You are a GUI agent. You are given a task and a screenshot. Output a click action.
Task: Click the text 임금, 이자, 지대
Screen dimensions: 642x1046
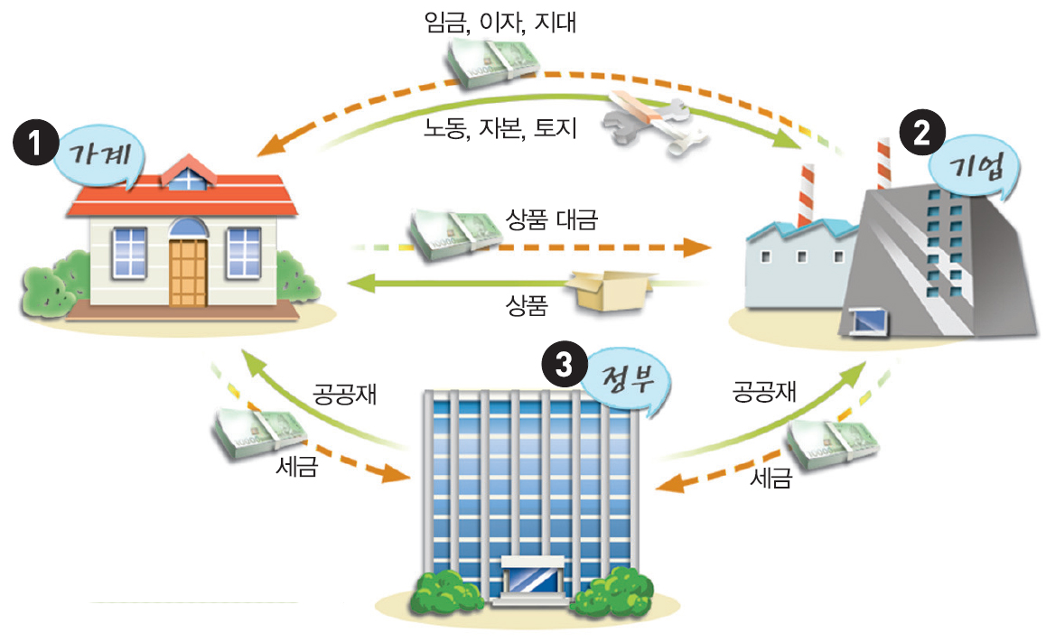coord(500,22)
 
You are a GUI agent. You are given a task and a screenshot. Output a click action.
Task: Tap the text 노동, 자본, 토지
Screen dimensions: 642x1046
coord(500,129)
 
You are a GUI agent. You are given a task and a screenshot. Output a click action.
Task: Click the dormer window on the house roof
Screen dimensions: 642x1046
coord(187,175)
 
